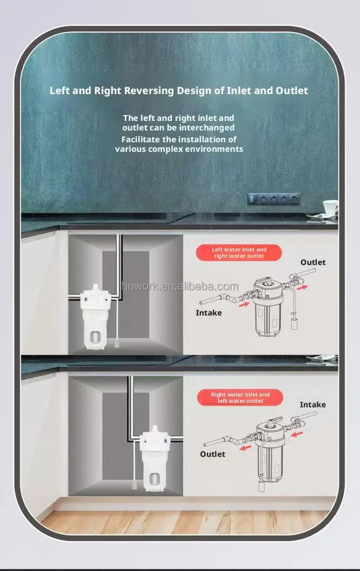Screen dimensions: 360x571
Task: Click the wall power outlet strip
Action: tap(274, 199)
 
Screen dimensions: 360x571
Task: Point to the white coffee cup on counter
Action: tap(330, 207)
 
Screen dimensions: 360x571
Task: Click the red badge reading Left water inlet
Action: tap(239, 253)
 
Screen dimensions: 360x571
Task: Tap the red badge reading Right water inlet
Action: tap(240, 397)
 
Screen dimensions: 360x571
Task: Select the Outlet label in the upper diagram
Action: tap(313, 262)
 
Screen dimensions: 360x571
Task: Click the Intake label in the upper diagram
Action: tap(209, 313)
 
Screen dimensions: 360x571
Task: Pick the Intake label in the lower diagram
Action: tap(313, 405)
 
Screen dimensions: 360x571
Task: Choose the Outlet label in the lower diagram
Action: tap(213, 454)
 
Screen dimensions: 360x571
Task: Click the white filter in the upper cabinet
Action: tap(95, 316)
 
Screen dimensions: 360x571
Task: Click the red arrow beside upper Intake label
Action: tap(245, 304)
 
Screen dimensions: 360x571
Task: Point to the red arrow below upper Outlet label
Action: tap(302, 288)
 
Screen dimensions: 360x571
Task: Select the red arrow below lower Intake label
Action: tap(297, 434)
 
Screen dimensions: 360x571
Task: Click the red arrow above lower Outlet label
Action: tap(245, 447)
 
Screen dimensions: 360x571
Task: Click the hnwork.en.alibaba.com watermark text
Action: tap(180, 287)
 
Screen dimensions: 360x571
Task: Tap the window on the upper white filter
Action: tap(95, 337)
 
